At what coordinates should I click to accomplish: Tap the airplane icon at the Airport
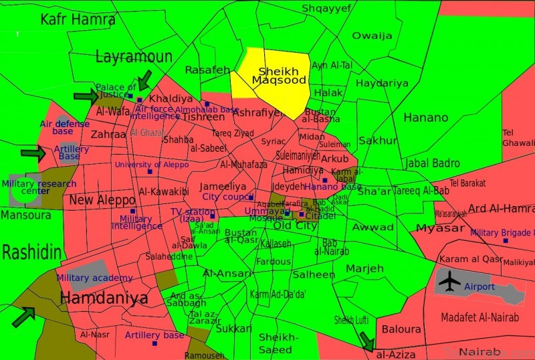pos(450,282)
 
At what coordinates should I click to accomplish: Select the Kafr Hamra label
pos(78,19)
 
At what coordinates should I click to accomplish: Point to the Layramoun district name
pos(134,57)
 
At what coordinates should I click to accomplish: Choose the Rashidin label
pos(31,253)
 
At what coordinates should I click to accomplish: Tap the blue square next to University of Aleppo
pos(150,172)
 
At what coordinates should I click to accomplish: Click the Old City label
pos(296,226)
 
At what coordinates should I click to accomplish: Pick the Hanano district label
pos(425,118)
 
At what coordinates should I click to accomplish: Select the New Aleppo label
pos(102,199)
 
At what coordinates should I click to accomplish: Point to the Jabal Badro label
pos(433,163)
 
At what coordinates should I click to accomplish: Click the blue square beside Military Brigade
pos(506,240)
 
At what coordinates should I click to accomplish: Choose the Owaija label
pos(372,35)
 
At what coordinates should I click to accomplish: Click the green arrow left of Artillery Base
pos(32,154)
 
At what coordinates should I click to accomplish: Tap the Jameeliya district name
pos(223,187)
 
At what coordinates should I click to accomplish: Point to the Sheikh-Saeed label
pos(276,343)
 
